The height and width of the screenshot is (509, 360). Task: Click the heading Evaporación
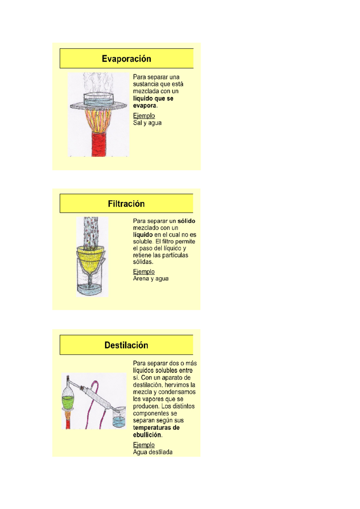pyautogui.click(x=126, y=59)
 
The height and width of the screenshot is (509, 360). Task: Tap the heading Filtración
pyautogui.click(x=126, y=204)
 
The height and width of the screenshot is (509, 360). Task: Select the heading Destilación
pyautogui.click(x=126, y=345)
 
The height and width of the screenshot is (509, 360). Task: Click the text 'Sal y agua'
pyautogui.click(x=147, y=123)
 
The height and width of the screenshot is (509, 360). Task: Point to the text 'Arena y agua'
pyautogui.click(x=151, y=278)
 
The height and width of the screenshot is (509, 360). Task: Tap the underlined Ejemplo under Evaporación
pyautogui.click(x=144, y=116)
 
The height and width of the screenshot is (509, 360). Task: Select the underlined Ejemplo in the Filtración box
pyautogui.click(x=144, y=272)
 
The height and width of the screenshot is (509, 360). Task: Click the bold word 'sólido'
pyautogui.click(x=186, y=221)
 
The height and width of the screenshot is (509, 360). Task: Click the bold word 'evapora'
pyautogui.click(x=145, y=106)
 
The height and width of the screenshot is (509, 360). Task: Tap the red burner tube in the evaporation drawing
pyautogui.click(x=99, y=144)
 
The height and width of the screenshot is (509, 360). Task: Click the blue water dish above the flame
pyautogui.click(x=99, y=99)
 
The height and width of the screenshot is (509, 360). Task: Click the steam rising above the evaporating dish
pyautogui.click(x=98, y=82)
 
